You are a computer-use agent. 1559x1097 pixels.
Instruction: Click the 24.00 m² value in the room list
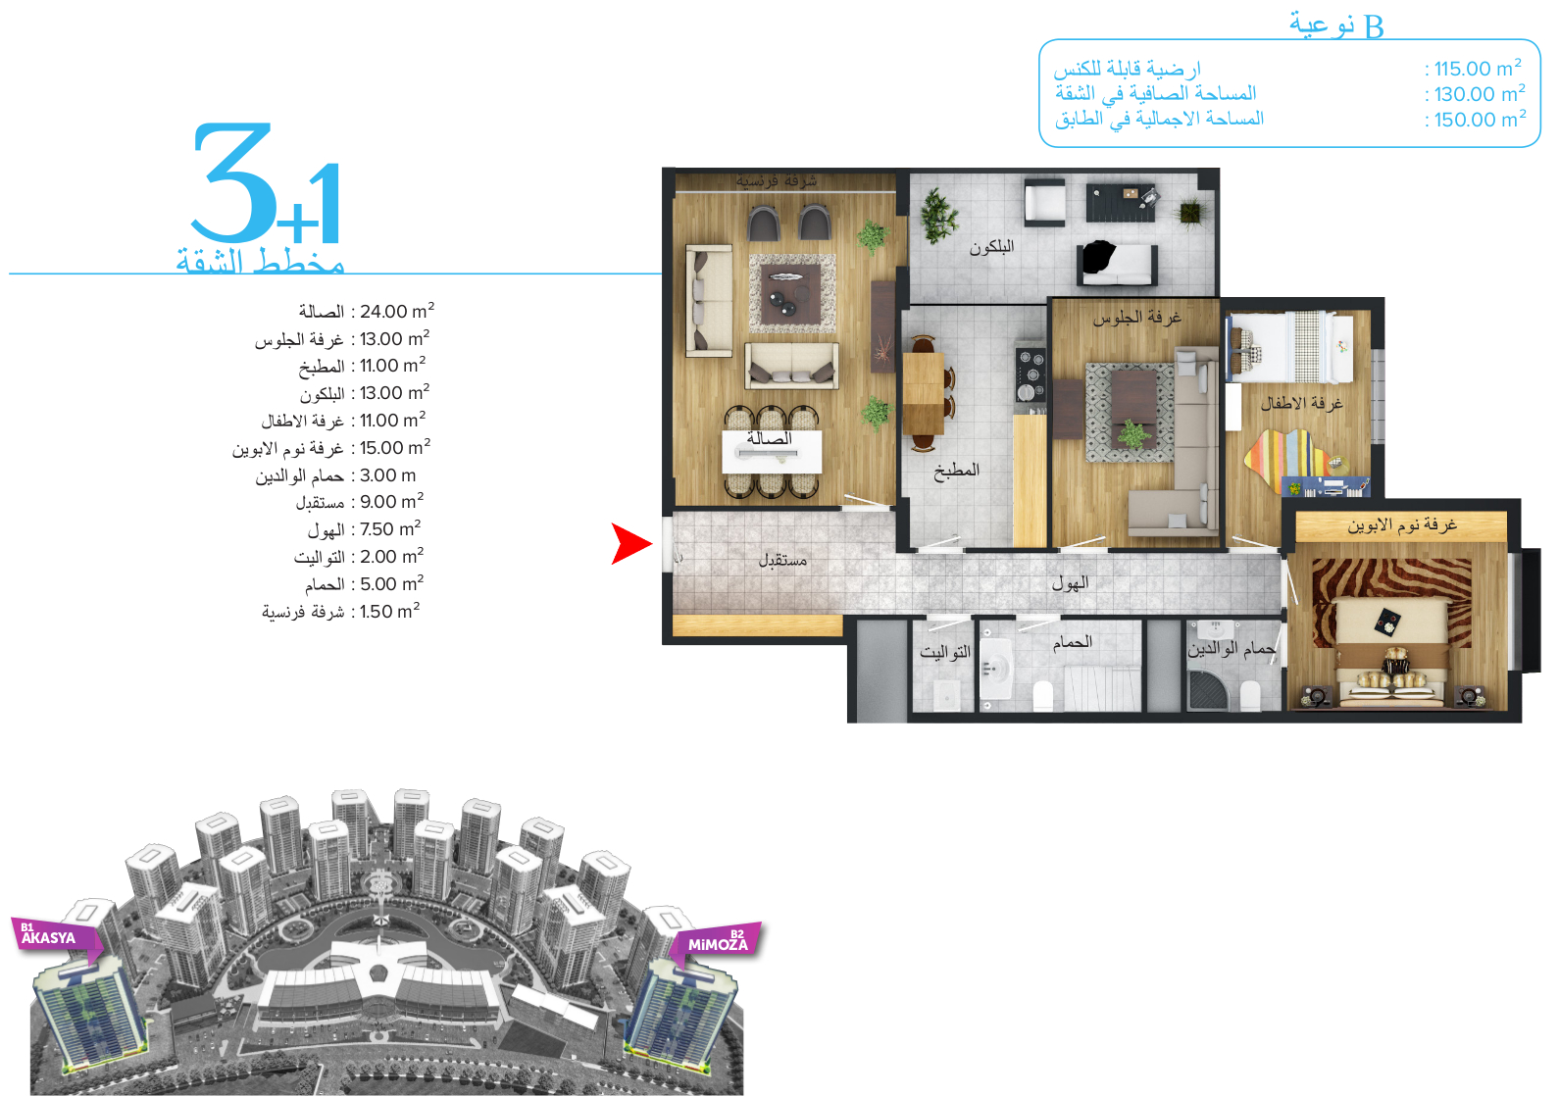[397, 311]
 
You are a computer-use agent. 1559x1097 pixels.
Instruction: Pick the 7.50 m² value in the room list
[390, 528]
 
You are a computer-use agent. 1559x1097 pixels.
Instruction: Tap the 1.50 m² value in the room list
[390, 611]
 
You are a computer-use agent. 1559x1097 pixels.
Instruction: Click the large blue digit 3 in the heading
[231, 181]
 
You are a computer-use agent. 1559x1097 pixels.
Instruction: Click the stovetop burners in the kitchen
[1031, 374]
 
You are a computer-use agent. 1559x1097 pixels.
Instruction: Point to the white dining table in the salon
[772, 452]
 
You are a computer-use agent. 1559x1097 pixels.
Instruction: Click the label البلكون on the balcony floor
[991, 247]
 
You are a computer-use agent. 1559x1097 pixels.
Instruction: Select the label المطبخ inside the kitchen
[956, 472]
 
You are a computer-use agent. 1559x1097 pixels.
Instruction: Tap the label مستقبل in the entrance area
[782, 560]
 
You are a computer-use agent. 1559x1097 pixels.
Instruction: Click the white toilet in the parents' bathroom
[1250, 695]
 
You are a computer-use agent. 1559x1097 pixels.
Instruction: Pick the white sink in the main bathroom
[995, 669]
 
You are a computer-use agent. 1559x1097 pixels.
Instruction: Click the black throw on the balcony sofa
[1097, 256]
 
